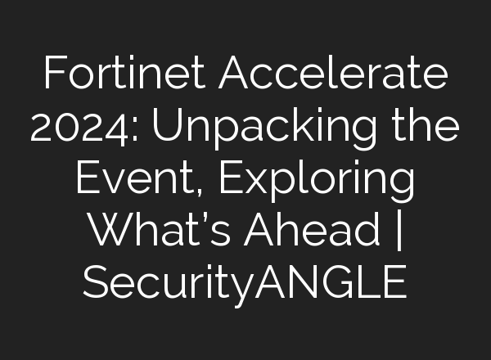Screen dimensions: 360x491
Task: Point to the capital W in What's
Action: [107, 232]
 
